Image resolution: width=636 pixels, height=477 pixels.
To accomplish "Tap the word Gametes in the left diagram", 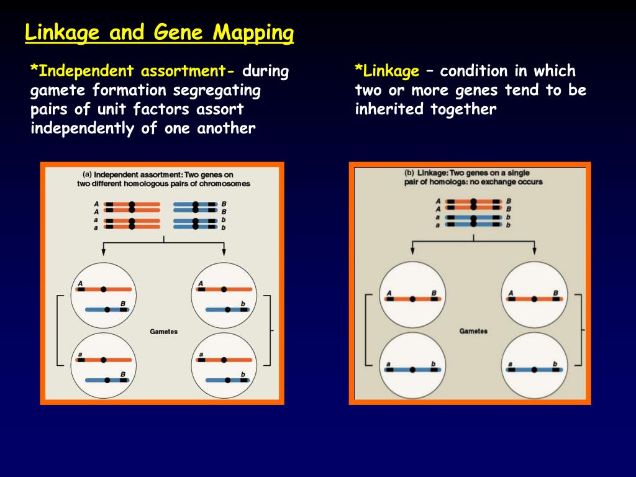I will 163,332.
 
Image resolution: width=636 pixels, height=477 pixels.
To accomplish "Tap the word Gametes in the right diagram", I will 473,331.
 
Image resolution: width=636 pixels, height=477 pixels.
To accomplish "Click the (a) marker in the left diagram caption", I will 87,175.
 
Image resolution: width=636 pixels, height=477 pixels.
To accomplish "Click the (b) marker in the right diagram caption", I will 409,173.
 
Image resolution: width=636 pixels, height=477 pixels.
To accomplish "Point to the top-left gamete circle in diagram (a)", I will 104,296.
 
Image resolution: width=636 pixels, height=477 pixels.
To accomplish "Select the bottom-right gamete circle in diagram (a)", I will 224,366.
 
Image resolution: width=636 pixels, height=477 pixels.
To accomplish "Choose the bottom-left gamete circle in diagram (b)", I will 412,365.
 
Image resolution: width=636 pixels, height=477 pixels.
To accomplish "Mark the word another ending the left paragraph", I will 226,129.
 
